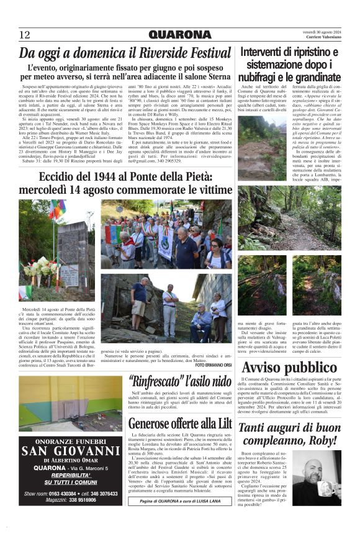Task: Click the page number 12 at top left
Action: pos(24,35)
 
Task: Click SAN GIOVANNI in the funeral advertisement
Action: pos(70,450)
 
